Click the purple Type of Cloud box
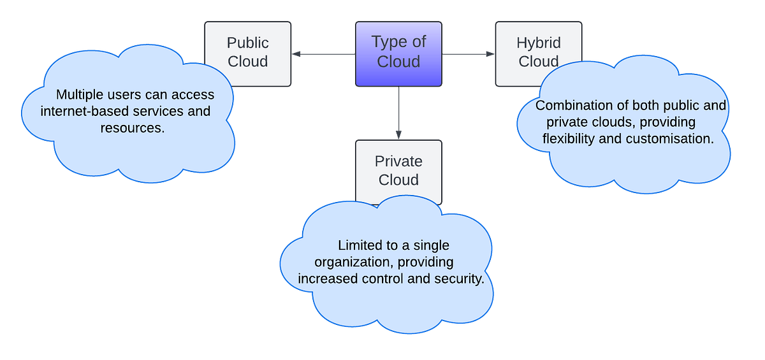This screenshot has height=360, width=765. point(398,54)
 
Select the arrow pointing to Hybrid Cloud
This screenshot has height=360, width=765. point(469,54)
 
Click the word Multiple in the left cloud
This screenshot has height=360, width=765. point(78,95)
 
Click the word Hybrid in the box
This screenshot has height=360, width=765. point(539,43)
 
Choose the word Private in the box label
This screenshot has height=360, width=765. point(398,161)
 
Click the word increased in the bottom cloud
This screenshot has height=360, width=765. point(326,278)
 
